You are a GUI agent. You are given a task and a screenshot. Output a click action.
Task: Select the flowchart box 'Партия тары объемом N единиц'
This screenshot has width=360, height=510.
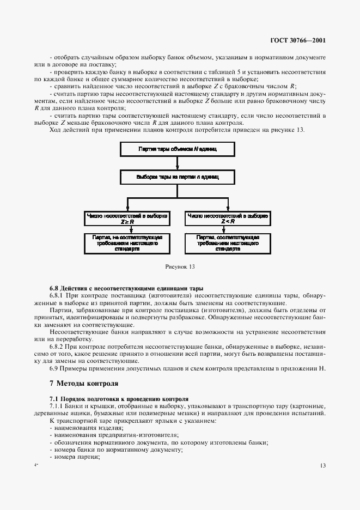coord(177,148)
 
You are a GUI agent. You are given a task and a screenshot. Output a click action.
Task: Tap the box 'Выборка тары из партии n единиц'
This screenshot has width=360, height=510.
coord(177,178)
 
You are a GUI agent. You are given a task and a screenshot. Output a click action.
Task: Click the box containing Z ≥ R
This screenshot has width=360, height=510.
coord(127,218)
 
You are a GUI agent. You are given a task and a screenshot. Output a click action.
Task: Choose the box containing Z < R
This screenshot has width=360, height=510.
coord(227,218)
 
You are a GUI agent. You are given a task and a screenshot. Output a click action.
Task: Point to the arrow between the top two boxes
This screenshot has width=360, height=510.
coord(177,162)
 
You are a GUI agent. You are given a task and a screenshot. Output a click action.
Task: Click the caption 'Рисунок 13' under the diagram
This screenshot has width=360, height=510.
coord(180,267)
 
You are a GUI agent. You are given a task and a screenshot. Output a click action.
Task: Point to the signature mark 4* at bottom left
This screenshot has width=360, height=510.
coord(36,465)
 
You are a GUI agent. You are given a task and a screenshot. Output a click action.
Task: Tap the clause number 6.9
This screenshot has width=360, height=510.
coord(54,368)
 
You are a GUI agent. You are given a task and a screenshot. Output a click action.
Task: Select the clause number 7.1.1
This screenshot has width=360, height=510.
coord(58,406)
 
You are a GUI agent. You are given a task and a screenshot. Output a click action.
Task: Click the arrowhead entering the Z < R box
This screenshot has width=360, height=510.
coord(227,209)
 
